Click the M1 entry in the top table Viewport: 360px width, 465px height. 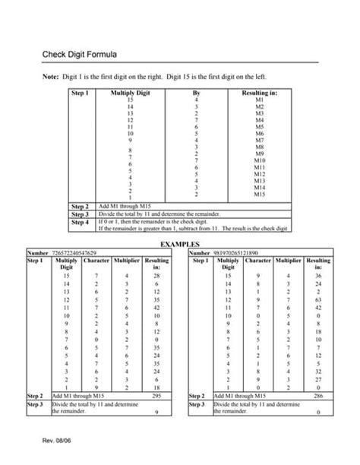[259, 100]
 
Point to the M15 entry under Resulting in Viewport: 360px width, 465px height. [259, 195]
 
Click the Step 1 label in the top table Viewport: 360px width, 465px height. [80, 93]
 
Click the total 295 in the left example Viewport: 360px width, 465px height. [157, 396]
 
